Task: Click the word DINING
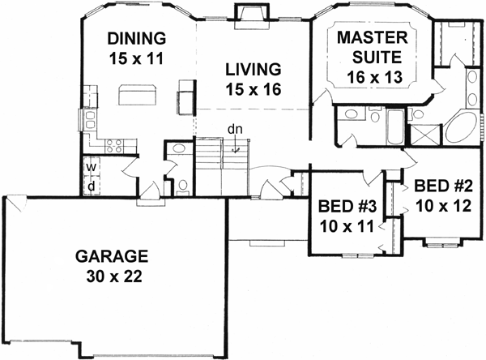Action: pyautogui.click(x=136, y=39)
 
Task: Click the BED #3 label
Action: pyautogui.click(x=344, y=204)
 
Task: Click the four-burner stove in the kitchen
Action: pyautogui.click(x=114, y=147)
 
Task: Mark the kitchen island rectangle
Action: pyautogui.click(x=138, y=95)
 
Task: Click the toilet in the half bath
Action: pyautogui.click(x=184, y=186)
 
